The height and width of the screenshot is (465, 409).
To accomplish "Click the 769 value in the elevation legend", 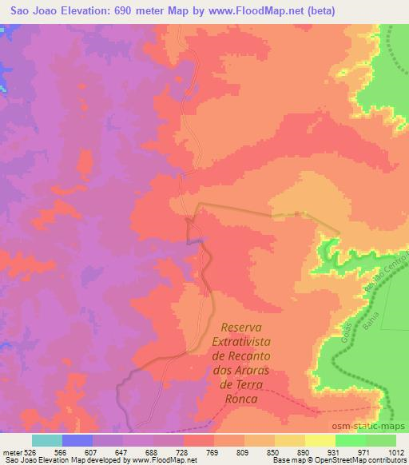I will [214, 451].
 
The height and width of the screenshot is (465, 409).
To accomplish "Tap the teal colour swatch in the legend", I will [47, 440].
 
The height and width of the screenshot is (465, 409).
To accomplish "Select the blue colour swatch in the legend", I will [77, 440].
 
